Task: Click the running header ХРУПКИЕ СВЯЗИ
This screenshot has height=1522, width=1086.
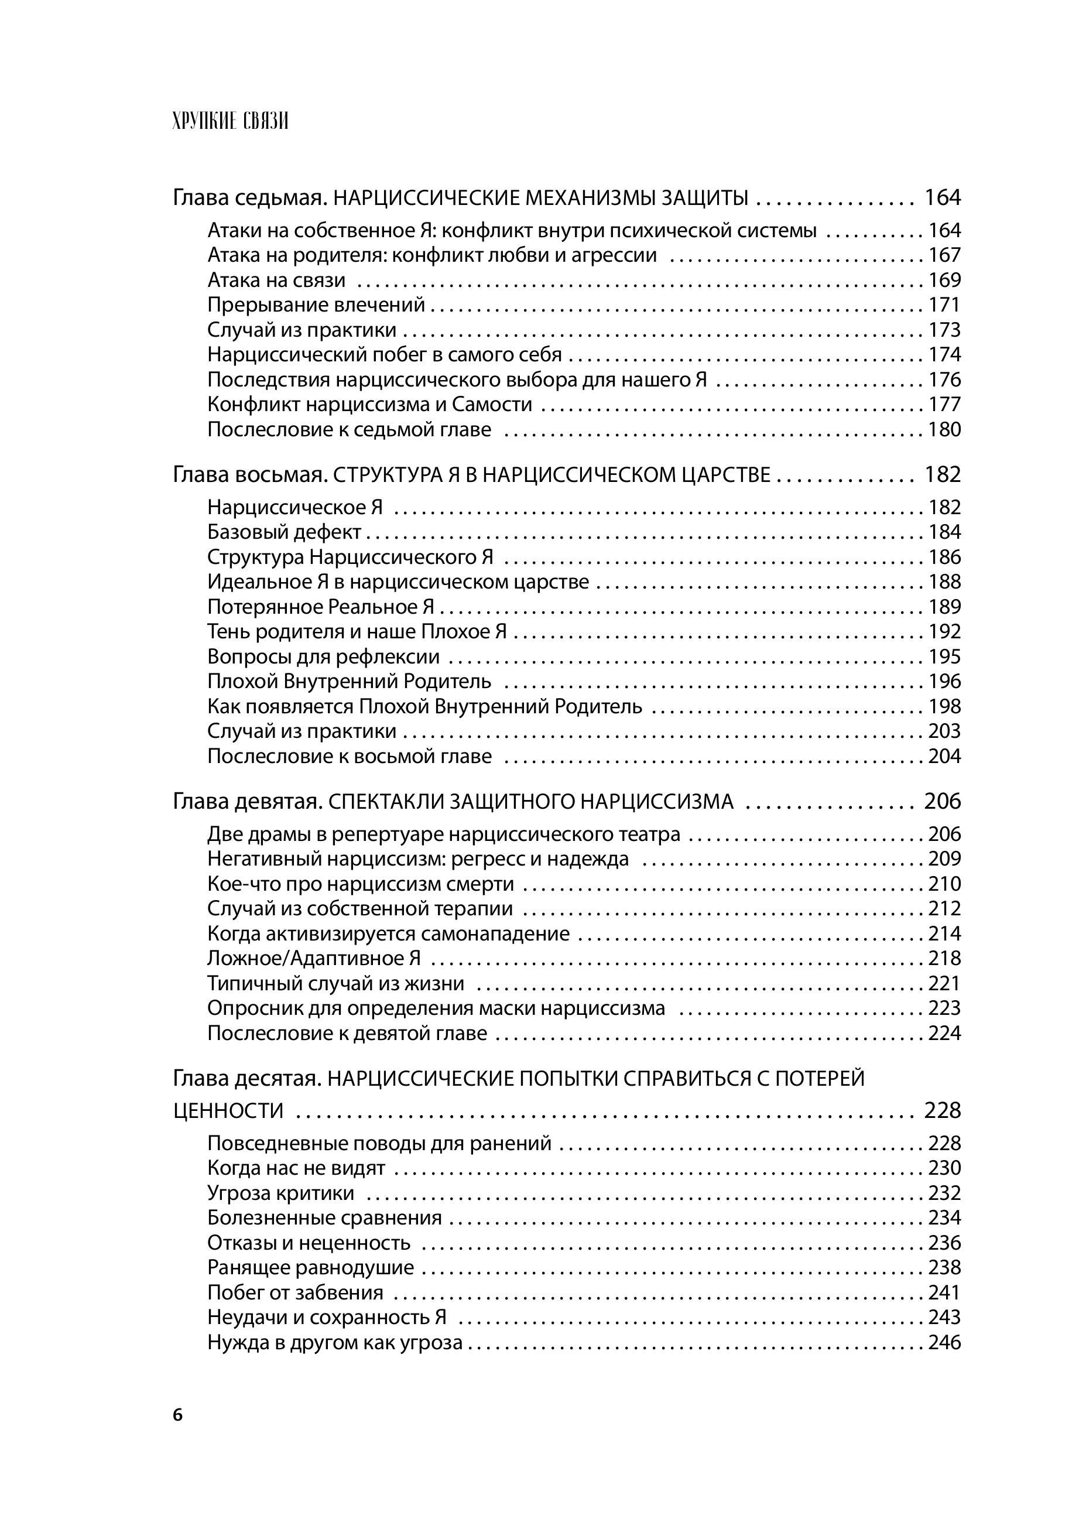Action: point(230,122)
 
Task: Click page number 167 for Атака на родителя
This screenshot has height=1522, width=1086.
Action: point(944,255)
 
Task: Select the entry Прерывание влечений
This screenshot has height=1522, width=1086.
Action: point(316,305)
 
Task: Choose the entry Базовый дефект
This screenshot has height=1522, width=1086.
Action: point(284,532)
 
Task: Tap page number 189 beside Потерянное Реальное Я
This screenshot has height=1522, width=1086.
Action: point(944,607)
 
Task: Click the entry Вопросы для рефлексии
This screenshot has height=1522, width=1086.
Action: point(323,656)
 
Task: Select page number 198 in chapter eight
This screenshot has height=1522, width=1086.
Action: point(944,707)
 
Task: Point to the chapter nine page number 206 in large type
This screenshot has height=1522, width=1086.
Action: point(942,801)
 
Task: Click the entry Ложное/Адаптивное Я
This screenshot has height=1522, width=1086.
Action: point(314,958)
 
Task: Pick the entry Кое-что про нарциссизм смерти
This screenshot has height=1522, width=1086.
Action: point(361,884)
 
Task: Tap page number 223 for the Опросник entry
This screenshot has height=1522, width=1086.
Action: point(944,1008)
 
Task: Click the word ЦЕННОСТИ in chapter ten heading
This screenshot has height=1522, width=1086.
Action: point(228,1111)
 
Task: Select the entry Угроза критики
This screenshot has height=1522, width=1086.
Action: point(281,1193)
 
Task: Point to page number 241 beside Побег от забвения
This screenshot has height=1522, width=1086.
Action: point(944,1292)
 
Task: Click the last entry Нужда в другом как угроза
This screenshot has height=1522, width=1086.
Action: point(334,1342)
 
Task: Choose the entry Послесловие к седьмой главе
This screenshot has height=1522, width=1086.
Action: point(349,429)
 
